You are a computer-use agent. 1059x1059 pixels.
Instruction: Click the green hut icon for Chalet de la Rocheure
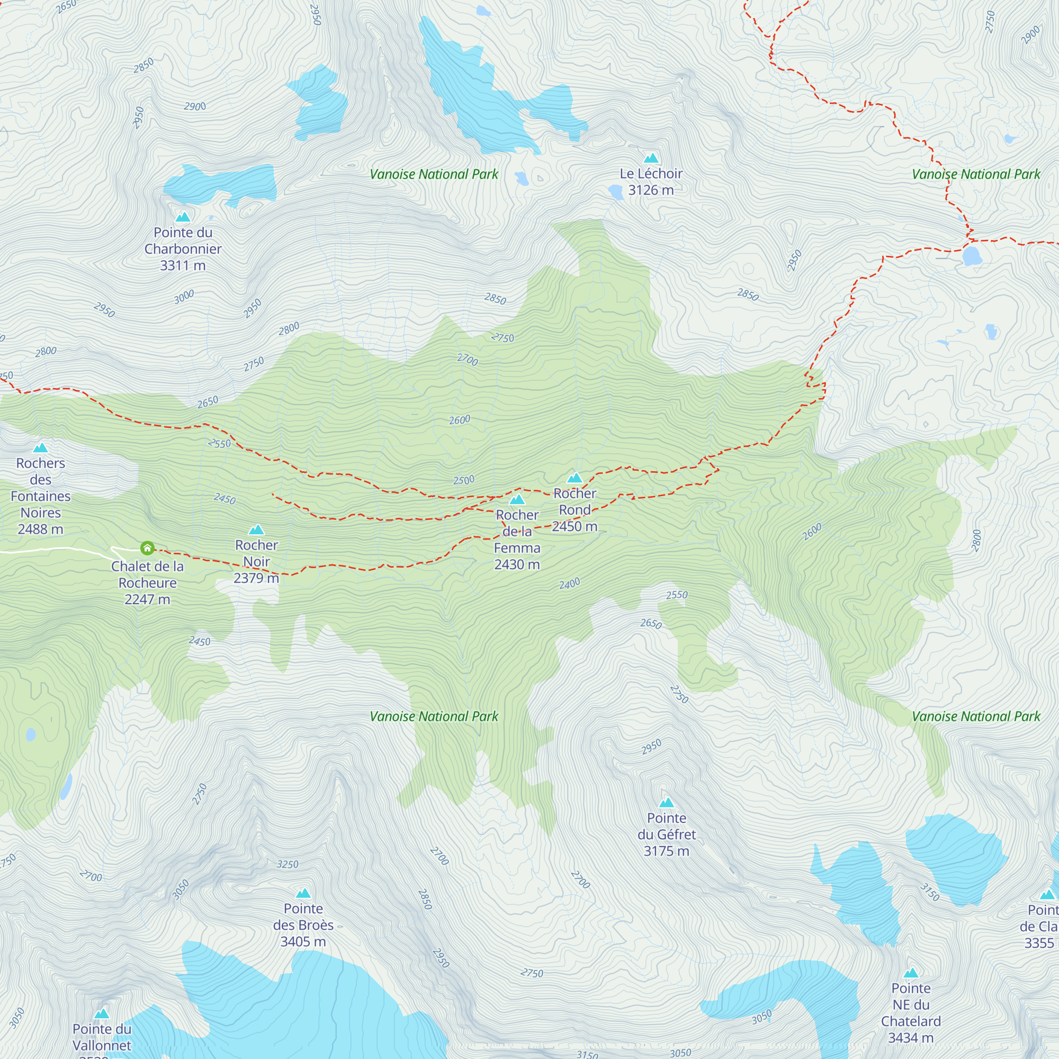pos(147,548)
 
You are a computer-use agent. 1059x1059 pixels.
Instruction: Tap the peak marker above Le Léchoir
pos(651,159)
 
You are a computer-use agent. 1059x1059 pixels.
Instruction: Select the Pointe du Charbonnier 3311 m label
pos(183,249)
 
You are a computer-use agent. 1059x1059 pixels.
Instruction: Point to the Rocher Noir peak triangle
pos(256,530)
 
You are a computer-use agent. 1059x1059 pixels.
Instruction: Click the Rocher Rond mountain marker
pos(575,478)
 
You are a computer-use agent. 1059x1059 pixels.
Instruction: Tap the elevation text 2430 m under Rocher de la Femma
pos(517,564)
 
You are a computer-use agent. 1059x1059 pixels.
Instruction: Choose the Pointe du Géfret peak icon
pos(666,803)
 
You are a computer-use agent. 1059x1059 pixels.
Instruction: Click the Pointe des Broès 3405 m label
pos(303,925)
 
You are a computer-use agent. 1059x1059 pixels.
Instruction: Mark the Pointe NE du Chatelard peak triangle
pos(911,973)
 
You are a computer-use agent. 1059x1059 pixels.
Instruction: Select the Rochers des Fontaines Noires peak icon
pos(40,448)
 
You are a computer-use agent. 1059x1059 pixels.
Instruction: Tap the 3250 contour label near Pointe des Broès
pos(287,865)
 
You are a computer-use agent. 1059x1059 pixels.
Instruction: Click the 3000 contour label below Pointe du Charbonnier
pos(184,297)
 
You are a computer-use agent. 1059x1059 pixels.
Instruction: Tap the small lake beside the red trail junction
pos(972,255)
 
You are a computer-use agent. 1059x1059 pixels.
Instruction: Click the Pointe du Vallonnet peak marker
pos(102,1013)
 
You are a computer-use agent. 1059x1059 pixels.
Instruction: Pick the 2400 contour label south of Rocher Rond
pos(570,584)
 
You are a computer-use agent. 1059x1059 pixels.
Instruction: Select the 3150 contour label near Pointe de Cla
pos(930,892)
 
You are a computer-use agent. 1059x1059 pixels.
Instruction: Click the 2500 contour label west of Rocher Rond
pos(464,480)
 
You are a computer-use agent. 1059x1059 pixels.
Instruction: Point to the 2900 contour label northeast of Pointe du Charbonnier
pos(195,106)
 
